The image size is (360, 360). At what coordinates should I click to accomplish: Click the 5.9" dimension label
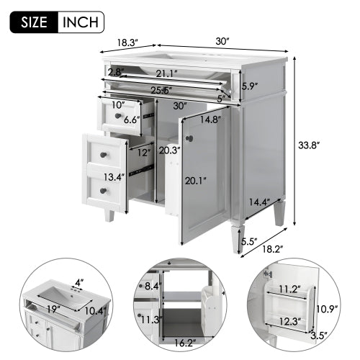(x=249, y=86)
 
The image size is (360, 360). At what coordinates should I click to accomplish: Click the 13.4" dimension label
(x=112, y=177)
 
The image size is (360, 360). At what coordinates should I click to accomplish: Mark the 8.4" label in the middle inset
(x=152, y=287)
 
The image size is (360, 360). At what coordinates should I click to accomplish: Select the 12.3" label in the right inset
(x=291, y=322)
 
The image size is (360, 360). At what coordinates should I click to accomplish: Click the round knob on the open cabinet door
(x=190, y=138)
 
